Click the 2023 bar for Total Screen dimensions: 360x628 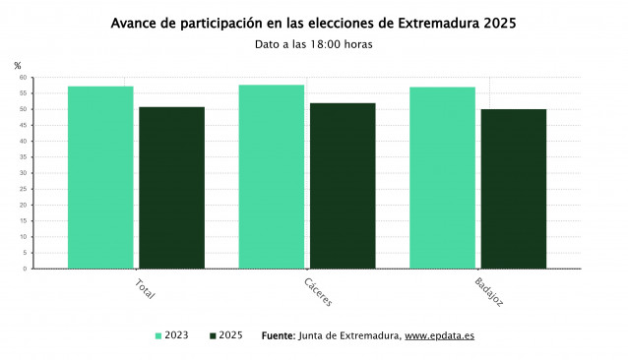[x=100, y=177]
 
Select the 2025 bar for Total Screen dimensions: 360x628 [x=171, y=187]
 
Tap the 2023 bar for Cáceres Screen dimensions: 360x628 [x=272, y=176]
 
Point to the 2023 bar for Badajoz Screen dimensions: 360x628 [x=442, y=177]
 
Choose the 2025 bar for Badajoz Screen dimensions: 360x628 [x=513, y=188]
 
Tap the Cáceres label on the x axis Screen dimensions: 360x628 [x=317, y=292]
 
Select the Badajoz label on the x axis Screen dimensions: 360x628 [x=488, y=292]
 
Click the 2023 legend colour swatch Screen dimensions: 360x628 [x=158, y=336]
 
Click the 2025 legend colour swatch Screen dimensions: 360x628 [x=214, y=336]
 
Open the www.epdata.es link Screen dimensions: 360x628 [x=439, y=336]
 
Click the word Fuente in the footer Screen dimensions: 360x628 [x=278, y=336]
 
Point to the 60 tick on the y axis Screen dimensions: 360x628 [x=22, y=78]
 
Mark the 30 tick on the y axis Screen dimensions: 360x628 [x=22, y=173]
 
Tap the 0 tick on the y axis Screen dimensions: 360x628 [x=25, y=269]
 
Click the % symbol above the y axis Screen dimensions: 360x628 [x=18, y=65]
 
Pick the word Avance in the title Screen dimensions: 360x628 [x=136, y=22]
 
